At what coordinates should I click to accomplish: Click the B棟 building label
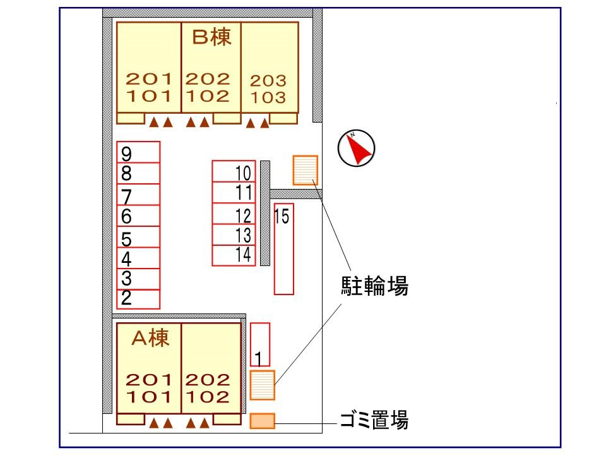click(211, 37)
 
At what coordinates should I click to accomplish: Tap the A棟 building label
click(150, 339)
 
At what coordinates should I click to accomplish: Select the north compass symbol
click(357, 149)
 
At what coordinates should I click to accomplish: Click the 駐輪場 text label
click(374, 288)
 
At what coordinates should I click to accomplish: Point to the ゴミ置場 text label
click(373, 420)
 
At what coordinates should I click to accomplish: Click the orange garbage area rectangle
click(263, 421)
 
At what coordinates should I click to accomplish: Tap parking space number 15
click(283, 248)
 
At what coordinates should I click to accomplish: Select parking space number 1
click(260, 344)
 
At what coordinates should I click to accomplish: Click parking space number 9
click(139, 153)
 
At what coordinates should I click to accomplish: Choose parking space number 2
click(139, 298)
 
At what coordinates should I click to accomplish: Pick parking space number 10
click(234, 172)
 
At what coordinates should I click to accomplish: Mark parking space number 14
click(234, 255)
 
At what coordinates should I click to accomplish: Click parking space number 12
click(234, 214)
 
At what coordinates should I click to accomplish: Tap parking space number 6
click(139, 217)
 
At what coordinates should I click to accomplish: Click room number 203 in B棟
click(268, 81)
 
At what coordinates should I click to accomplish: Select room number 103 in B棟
click(268, 98)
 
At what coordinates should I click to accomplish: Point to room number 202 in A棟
click(208, 380)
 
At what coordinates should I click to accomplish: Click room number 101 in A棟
click(149, 397)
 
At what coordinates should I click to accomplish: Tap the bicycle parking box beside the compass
click(305, 169)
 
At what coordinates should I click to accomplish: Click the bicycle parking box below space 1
click(263, 385)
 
